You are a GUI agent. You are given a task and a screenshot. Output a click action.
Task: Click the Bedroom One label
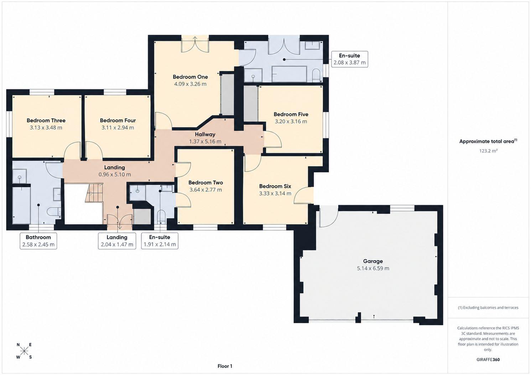(190, 77)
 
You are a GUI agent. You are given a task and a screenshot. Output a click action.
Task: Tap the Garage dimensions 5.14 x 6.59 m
(373, 268)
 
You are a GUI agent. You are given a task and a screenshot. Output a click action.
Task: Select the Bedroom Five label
(291, 114)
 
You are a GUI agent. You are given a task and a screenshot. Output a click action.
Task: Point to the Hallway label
(205, 134)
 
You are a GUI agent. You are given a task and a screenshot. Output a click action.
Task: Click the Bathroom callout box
(38, 241)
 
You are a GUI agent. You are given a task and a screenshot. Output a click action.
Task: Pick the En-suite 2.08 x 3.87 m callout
(350, 59)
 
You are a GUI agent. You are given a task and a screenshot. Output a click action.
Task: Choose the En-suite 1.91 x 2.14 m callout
(160, 241)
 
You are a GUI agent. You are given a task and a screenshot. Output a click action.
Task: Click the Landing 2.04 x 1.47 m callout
(117, 241)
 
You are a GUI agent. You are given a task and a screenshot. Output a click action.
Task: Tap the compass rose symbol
(24, 351)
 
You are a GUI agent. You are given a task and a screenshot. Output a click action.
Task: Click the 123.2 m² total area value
(488, 151)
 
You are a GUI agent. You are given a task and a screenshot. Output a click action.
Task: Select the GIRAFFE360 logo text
(488, 360)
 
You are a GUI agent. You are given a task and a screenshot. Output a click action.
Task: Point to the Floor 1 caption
(225, 366)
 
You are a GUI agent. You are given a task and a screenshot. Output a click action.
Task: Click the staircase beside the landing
(94, 193)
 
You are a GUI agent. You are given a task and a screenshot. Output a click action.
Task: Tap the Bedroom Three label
(46, 120)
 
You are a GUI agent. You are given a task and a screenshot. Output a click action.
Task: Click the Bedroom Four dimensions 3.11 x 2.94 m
(118, 128)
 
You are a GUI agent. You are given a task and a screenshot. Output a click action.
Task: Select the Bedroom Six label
(275, 186)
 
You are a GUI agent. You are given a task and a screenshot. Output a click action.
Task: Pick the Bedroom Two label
(205, 183)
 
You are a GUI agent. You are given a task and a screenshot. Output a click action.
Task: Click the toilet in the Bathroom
(54, 212)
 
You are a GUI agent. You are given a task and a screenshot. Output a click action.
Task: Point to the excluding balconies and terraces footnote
(488, 307)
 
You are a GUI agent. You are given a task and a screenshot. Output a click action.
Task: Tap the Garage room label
(373, 261)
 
